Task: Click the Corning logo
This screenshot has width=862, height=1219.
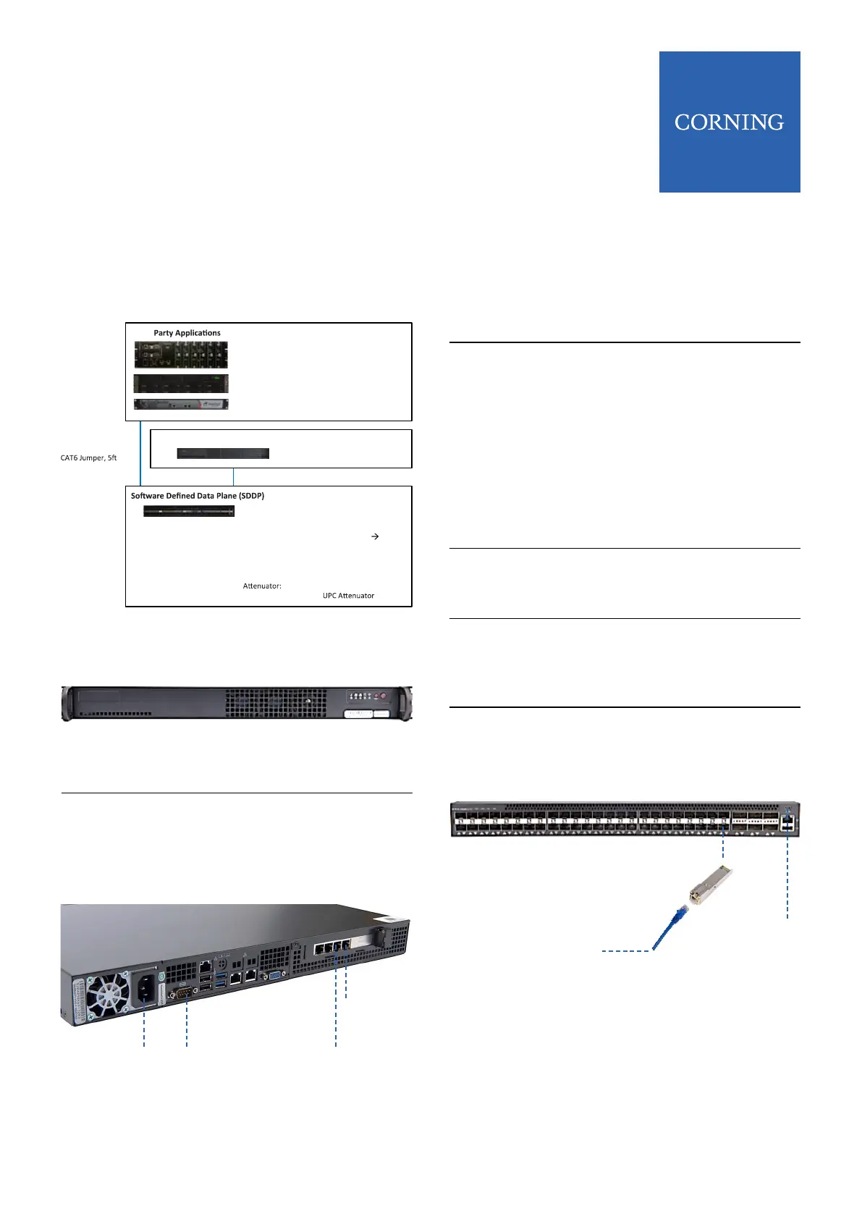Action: [729, 122]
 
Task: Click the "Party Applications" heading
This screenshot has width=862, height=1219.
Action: [187, 333]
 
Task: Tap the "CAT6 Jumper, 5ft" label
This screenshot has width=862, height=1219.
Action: [88, 458]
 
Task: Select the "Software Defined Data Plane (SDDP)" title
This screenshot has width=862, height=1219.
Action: [198, 496]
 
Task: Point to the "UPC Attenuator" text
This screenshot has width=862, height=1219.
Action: [348, 596]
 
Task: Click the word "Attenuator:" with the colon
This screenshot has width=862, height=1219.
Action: [262, 586]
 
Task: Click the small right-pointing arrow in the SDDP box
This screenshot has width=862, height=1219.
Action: [375, 536]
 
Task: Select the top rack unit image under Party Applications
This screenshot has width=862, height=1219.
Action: [181, 355]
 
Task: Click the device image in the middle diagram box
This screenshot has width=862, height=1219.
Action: [223, 454]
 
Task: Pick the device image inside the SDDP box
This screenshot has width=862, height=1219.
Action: [189, 511]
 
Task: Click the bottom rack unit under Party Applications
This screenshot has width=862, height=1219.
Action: [181, 405]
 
